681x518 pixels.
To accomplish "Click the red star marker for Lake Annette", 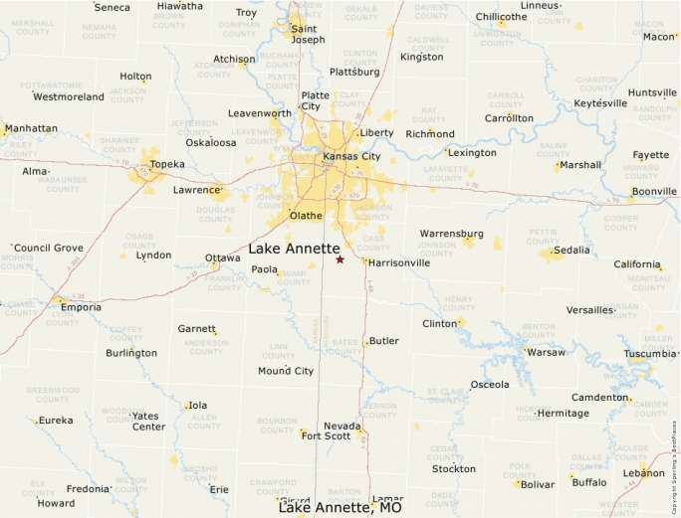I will click(x=340, y=259).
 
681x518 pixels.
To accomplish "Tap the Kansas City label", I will click(x=351, y=156).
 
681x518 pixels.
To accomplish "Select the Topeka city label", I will click(x=166, y=164).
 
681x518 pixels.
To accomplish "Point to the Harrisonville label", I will click(x=399, y=263).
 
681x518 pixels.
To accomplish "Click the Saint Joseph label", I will click(x=308, y=34).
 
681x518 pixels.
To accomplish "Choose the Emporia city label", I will click(x=81, y=307).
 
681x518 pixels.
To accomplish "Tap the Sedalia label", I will click(x=571, y=251).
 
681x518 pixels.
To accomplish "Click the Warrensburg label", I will click(x=451, y=234).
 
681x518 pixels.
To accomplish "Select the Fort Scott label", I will click(x=327, y=435).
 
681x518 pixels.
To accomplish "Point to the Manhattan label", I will click(x=31, y=128).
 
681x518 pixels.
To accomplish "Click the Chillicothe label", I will click(x=502, y=17).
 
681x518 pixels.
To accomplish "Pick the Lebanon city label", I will click(x=644, y=473).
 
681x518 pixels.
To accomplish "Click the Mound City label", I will click(x=286, y=371).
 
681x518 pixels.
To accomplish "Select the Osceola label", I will click(x=489, y=385).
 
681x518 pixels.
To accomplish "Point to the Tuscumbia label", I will click(x=649, y=354).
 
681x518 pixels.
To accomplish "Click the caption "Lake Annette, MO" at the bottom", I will click(x=340, y=508).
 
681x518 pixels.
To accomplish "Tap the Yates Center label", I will click(x=148, y=422).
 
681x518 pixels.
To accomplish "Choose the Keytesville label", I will click(x=600, y=103).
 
